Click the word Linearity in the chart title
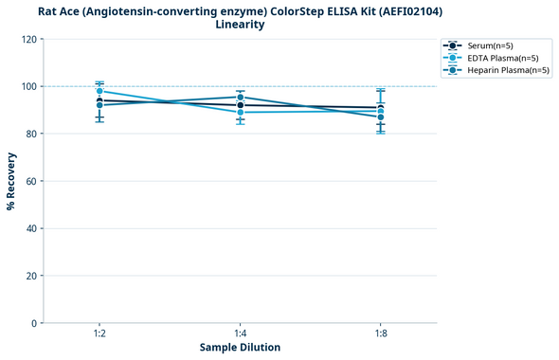240,25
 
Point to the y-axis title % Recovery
11,180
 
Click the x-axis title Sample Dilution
240,348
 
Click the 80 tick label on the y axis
31,134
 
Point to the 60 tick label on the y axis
31,181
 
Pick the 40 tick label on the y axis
31,228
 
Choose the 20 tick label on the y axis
31,276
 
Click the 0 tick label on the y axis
34,323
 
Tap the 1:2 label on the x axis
99,333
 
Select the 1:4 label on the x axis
240,333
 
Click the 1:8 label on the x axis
380,333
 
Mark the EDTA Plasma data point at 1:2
99,91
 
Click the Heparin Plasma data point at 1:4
240,98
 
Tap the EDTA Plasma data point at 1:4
240,112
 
